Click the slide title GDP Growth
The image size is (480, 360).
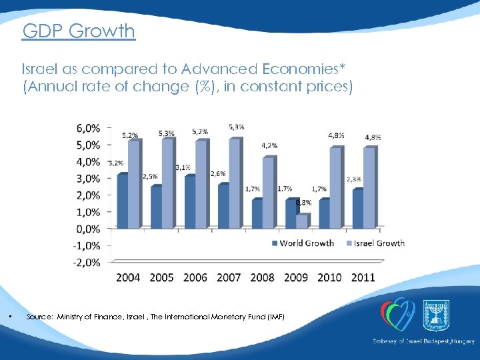coord(78,31)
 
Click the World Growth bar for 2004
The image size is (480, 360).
coord(121,201)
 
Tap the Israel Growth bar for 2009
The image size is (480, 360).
coord(301,221)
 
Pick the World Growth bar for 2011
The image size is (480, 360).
coord(358,209)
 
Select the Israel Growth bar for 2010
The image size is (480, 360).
coord(335,188)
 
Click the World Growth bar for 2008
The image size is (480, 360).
coord(257,214)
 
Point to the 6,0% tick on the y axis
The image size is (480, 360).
coord(88,128)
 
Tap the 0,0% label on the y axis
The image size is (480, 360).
coord(88,229)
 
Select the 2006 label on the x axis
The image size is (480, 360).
coord(195,277)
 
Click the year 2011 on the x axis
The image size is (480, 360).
coord(363,277)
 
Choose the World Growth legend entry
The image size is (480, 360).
coord(303,243)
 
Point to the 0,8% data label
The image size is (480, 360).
coord(303,203)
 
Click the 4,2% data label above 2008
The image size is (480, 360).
coord(269,145)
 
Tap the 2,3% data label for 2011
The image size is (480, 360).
coord(354,179)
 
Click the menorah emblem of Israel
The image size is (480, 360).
coord(436,314)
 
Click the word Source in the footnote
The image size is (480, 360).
coord(39,317)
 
